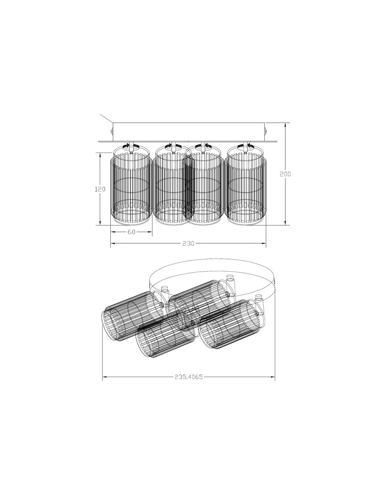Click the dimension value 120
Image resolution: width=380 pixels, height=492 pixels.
[100, 189]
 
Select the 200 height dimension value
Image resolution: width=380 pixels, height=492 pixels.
[285, 174]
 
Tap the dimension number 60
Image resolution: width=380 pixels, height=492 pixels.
[132, 232]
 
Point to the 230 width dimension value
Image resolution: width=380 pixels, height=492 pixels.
[188, 243]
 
